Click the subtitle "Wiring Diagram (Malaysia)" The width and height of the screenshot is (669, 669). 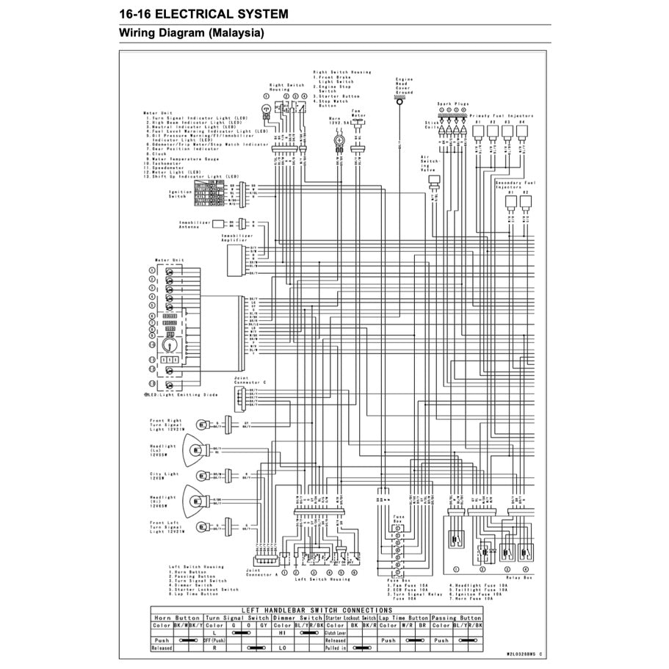point(192,34)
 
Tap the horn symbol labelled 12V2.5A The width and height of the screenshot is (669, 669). point(339,138)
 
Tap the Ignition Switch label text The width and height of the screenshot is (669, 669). point(180,195)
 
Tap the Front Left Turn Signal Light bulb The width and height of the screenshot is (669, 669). point(200,527)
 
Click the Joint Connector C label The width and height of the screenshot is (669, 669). point(245,381)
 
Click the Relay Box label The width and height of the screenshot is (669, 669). point(518,578)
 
